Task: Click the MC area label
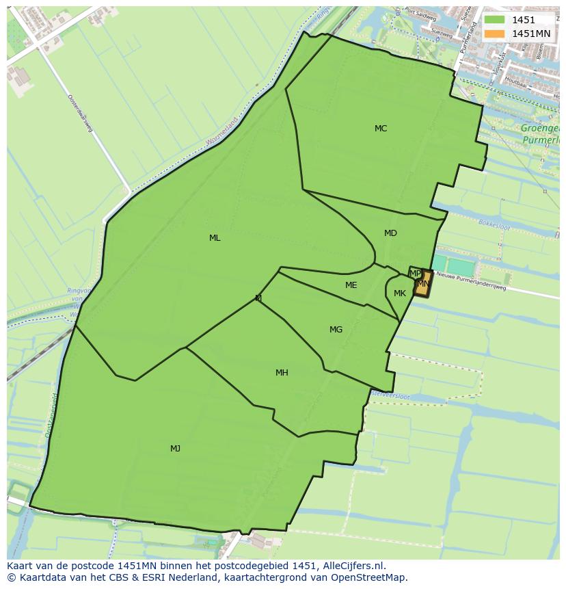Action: coord(381,129)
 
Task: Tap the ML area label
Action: coord(215,238)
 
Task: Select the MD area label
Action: coord(390,233)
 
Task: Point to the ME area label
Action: coord(351,285)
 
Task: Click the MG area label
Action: coord(336,330)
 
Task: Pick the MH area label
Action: coord(282,373)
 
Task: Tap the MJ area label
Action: coord(176,449)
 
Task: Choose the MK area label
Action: coord(400,293)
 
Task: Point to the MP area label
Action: coord(415,274)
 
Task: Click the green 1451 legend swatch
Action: coord(494,21)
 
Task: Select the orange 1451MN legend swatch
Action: coord(494,34)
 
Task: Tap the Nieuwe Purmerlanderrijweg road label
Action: coord(471,282)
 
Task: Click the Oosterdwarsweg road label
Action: coord(80,113)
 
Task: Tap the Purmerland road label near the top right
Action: coord(469,37)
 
